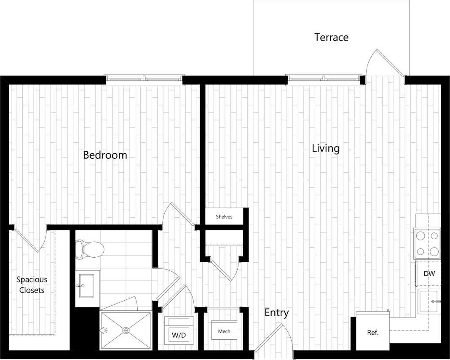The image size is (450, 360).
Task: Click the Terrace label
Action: point(331,37)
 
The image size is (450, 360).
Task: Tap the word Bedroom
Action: point(105,155)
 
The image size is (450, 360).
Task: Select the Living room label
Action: point(326,149)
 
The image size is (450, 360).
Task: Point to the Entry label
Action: point(276,313)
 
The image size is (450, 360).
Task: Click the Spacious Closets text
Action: point(32,285)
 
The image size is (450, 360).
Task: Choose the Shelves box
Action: point(224,217)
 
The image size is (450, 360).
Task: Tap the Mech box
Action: point(224,331)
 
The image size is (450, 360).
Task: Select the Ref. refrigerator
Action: point(372,332)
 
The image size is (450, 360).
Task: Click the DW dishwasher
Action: point(429,274)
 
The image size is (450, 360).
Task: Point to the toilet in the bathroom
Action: point(90,249)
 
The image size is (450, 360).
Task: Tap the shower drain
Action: point(126,331)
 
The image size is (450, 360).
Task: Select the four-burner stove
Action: point(427,243)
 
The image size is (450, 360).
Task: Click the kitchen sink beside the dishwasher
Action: point(429,301)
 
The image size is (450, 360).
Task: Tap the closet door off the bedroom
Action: point(29,240)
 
